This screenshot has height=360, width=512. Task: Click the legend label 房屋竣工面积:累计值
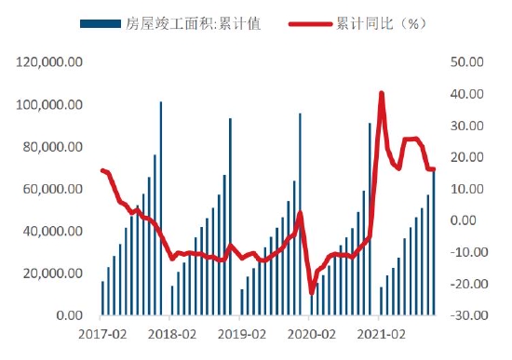[x=193, y=23]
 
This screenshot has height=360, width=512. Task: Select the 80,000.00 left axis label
[x=55, y=147]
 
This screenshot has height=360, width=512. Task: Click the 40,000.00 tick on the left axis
[x=55, y=231]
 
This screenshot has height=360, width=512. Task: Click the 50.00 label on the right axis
[x=465, y=62]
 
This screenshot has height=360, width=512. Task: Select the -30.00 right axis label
[x=464, y=315]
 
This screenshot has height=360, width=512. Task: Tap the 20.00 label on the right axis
[x=465, y=157]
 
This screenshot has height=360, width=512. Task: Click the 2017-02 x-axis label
[x=101, y=333]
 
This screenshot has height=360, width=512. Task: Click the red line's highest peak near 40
[x=382, y=93]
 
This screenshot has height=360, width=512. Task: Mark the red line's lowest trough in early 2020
[x=312, y=293]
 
